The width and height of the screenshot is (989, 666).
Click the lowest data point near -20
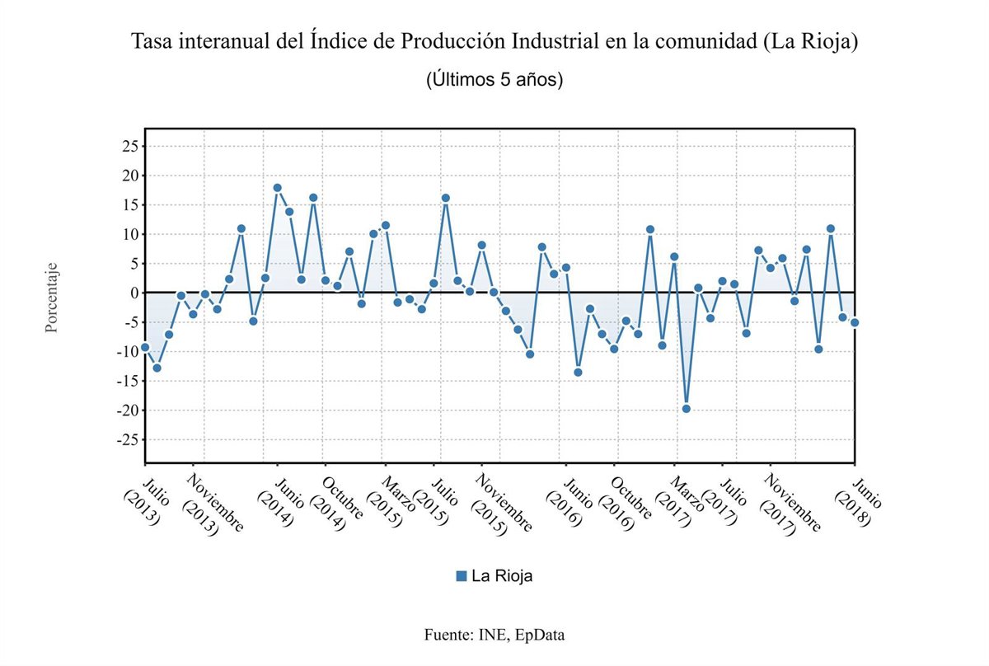[686, 409]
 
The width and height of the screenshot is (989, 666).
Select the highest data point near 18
[277, 188]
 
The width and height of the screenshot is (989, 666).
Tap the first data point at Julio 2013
[145, 347]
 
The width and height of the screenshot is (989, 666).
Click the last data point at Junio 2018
[855, 322]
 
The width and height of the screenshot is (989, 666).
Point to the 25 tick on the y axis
[129, 147]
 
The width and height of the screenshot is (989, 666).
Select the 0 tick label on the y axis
[132, 293]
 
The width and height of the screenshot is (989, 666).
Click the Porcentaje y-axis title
[52, 298]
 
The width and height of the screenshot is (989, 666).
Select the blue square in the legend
[462, 576]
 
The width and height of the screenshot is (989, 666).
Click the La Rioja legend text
[502, 576]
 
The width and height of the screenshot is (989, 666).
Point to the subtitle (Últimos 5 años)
[494, 80]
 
